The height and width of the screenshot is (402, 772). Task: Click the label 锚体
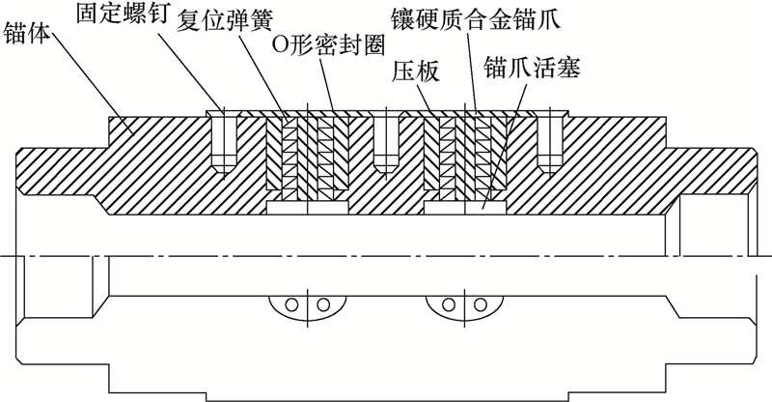(29, 38)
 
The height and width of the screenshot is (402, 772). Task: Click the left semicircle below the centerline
(303, 304)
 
